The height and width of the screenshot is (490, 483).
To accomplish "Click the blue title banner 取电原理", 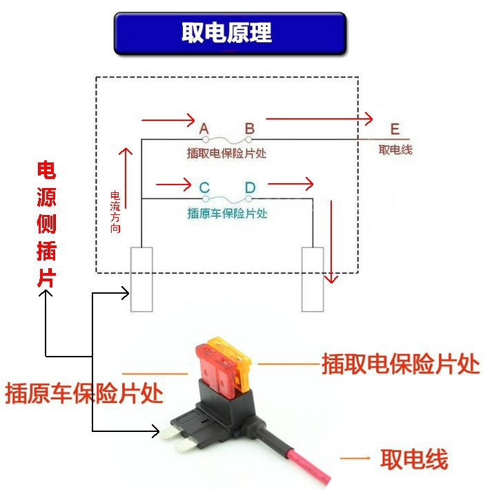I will tap(230, 32).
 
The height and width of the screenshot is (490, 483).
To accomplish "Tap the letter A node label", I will tap(204, 129).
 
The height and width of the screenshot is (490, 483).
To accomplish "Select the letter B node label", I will tap(249, 129).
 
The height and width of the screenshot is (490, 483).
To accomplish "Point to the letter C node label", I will tap(204, 187).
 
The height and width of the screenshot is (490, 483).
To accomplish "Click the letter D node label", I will tap(249, 187).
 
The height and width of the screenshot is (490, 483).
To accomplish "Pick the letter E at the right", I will tap(394, 129).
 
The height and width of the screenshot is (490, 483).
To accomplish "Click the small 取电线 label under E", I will tap(395, 149).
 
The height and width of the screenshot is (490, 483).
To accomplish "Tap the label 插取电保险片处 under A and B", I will tap(226, 153).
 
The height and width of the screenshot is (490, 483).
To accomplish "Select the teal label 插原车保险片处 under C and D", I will tap(227, 213).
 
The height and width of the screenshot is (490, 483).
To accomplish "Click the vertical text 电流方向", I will tap(115, 211).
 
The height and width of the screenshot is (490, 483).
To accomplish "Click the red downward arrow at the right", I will tap(332, 242).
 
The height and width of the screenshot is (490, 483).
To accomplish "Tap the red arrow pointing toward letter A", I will tap(168, 120).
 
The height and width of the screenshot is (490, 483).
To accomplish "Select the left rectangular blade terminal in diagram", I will tap(141, 279).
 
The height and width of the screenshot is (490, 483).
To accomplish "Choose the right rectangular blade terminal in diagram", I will tap(313, 279).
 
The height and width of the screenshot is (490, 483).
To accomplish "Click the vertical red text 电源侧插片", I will tap(46, 225).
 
